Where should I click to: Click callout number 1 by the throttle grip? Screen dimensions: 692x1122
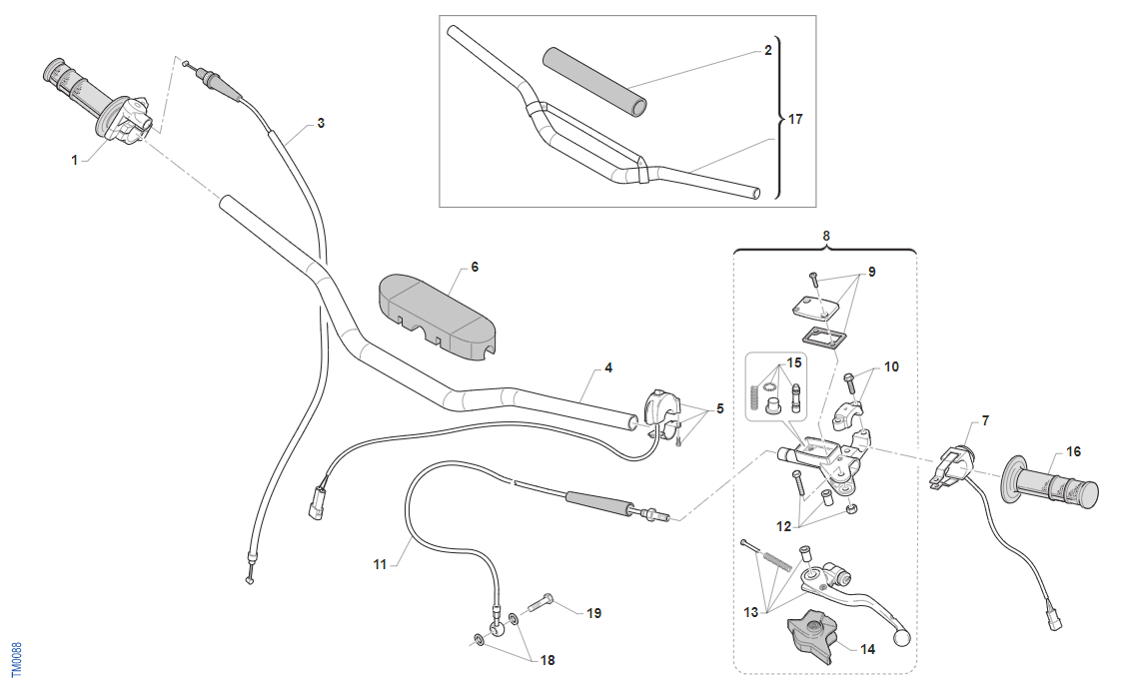(74, 159)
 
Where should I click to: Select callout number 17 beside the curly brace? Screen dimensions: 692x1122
(795, 119)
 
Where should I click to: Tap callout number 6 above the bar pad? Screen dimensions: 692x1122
(475, 268)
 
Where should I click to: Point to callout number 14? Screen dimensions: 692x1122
(867, 649)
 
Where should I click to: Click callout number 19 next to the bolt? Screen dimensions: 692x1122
(593, 613)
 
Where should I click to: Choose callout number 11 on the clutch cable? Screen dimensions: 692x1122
(380, 564)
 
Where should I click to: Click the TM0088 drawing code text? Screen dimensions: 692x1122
(15, 660)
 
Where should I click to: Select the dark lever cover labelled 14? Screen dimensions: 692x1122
(810, 636)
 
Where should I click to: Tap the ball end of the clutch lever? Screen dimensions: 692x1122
(904, 637)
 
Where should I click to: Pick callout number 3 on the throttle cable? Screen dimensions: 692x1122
(321, 123)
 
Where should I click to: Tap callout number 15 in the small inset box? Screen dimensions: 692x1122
(794, 361)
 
